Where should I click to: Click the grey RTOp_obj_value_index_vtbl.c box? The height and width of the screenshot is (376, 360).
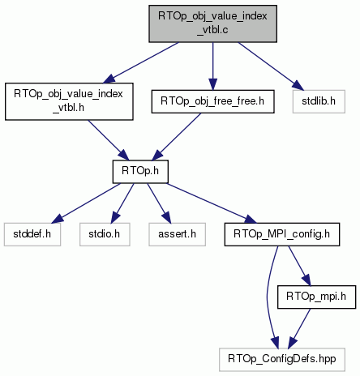click(212, 23)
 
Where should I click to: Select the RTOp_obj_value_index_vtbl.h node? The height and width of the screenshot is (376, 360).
click(69, 101)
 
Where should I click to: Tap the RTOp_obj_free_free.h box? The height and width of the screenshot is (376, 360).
click(212, 101)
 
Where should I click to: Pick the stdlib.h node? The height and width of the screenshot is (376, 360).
click(319, 101)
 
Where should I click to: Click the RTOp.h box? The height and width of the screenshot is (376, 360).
click(140, 172)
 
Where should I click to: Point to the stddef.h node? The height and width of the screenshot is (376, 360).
click(32, 234)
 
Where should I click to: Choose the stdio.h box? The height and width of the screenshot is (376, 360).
click(105, 234)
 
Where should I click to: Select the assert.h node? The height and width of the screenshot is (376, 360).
click(177, 234)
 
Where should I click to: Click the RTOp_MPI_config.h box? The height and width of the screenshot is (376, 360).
click(282, 234)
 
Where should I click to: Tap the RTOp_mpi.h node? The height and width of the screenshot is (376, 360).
click(316, 297)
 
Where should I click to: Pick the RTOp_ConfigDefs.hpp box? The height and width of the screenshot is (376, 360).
click(282, 360)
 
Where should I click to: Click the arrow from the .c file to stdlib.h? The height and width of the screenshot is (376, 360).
click(271, 66)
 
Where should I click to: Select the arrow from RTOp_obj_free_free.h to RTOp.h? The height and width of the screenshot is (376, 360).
click(177, 137)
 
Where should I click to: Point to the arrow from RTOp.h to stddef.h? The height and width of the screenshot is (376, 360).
click(86, 203)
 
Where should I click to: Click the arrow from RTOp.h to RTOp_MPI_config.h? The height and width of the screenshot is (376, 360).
click(212, 203)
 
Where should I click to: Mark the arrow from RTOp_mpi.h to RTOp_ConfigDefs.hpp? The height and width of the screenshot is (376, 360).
click(299, 328)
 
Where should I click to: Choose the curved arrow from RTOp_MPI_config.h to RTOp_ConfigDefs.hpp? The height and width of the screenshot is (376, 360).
click(268, 297)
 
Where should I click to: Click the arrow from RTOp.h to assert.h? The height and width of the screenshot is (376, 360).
click(159, 203)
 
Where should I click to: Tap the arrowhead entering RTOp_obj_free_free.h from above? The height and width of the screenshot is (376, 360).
click(212, 84)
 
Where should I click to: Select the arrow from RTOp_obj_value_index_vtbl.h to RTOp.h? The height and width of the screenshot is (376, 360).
click(109, 140)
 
